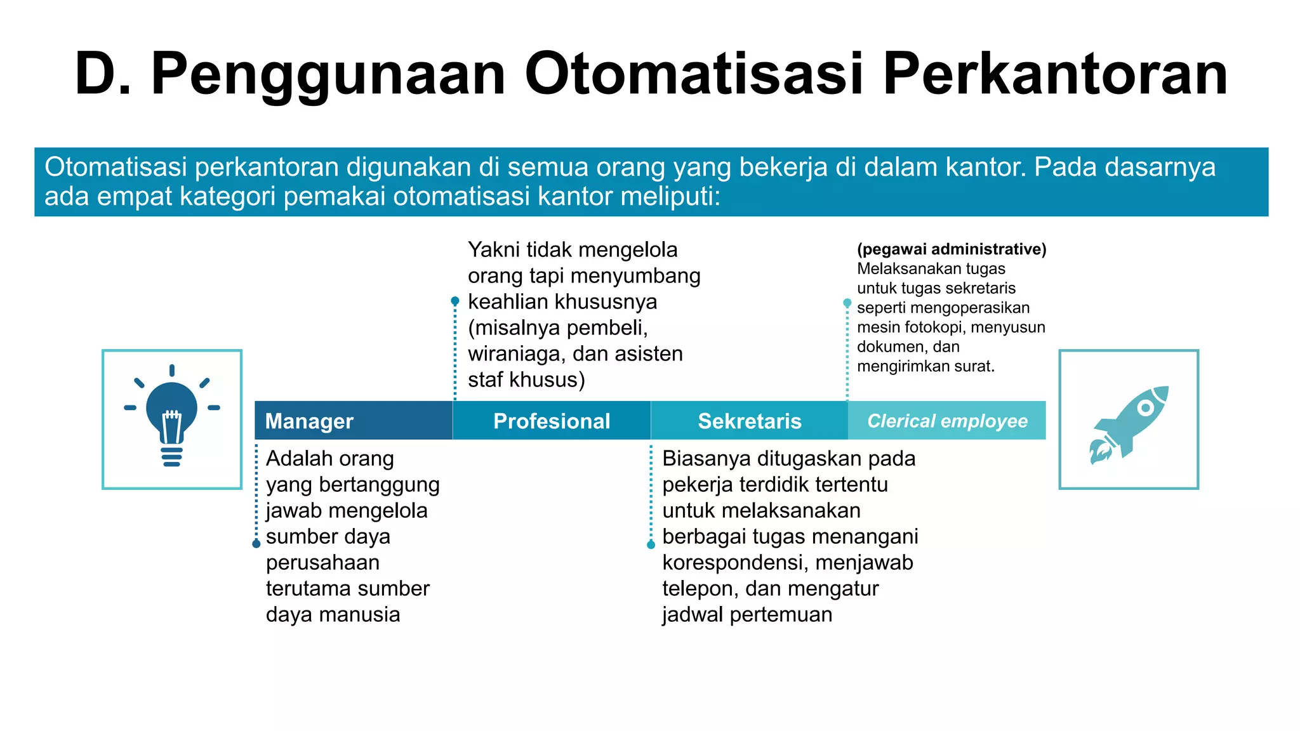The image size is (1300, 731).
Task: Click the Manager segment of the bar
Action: [353, 421]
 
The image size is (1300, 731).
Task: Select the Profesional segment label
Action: [552, 421]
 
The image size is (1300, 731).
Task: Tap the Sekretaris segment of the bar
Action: [750, 421]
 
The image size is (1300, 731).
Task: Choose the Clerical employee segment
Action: [947, 421]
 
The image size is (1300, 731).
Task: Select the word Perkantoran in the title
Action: [1055, 74]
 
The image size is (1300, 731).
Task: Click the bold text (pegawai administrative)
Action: [952, 249]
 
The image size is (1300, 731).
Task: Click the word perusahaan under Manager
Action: [322, 563]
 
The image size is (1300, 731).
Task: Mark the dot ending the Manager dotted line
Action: [256, 544]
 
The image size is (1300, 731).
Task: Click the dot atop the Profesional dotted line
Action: [455, 301]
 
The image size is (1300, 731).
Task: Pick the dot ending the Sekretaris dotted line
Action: [651, 544]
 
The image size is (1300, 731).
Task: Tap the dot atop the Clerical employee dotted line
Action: [847, 303]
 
